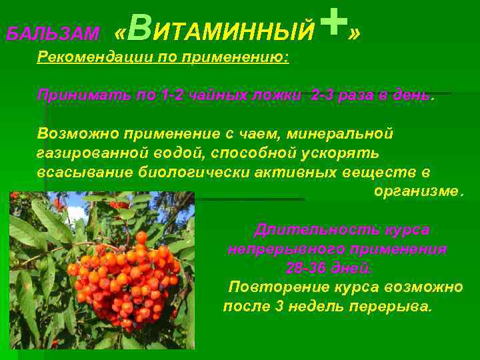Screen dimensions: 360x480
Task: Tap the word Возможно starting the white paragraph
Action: tap(77, 133)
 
